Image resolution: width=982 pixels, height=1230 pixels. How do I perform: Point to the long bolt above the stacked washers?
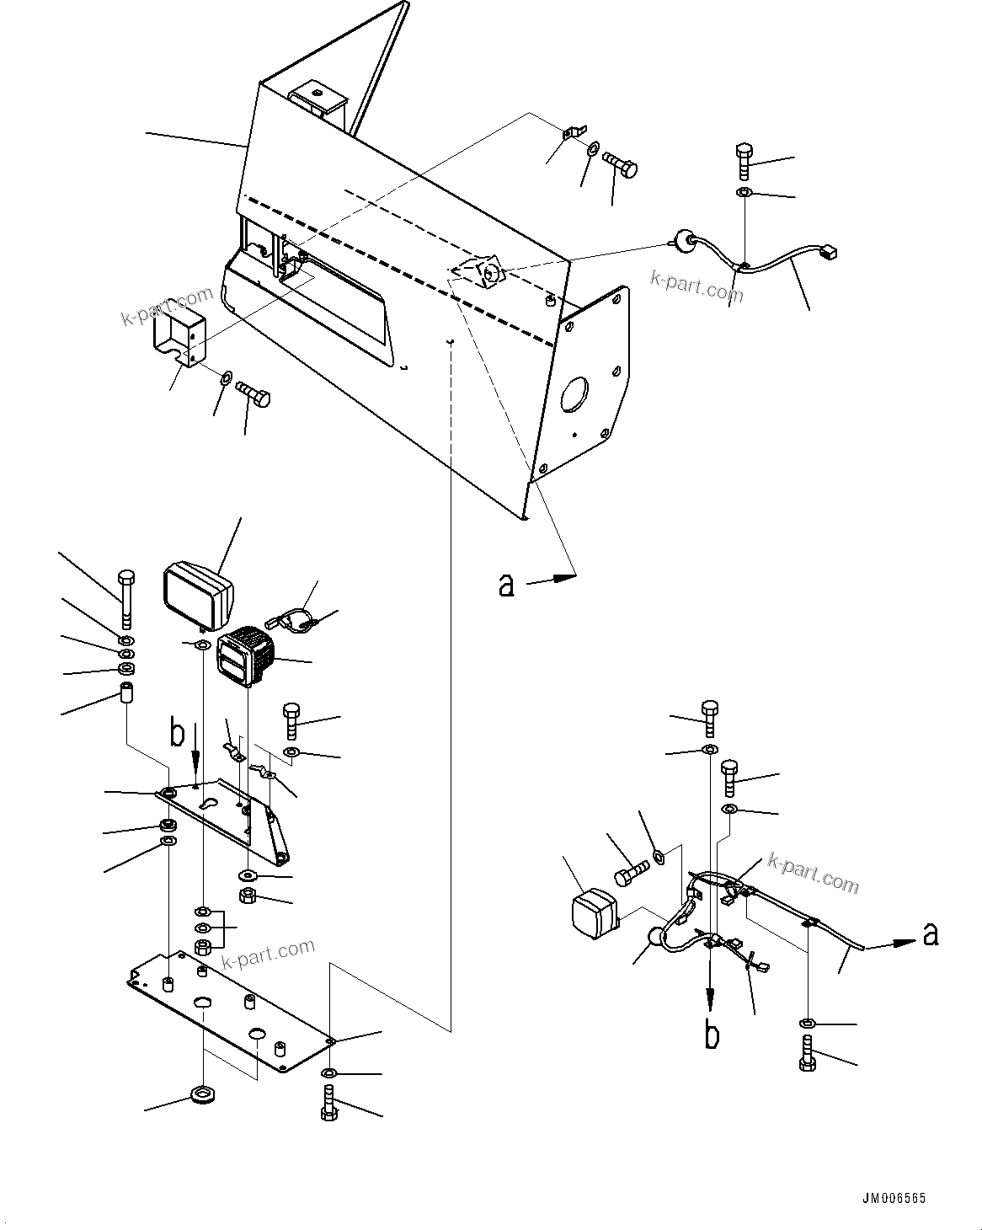click(125, 598)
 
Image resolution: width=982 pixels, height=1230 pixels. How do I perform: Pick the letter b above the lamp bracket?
click(177, 733)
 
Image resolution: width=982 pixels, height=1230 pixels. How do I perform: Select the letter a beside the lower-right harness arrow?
click(930, 933)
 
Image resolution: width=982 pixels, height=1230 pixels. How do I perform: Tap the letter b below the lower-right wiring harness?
click(712, 1035)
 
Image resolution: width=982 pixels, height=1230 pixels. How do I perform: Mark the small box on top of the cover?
click(320, 99)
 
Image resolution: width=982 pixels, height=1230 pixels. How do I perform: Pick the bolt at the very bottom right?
click(807, 1054)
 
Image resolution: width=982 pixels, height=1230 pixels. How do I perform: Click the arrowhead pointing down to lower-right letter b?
click(712, 1004)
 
